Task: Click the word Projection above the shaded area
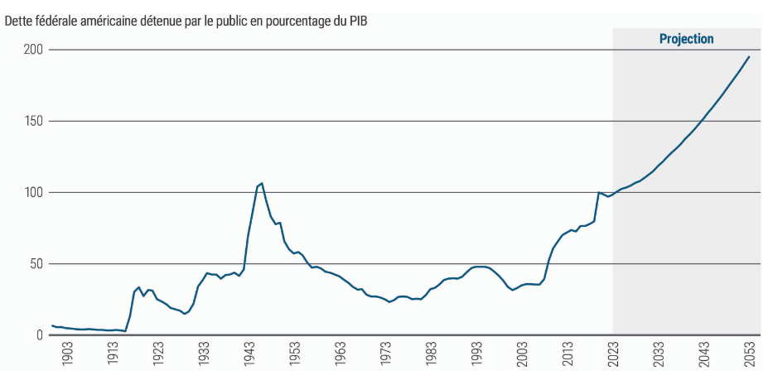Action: (x=686, y=39)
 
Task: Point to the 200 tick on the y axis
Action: (x=33, y=51)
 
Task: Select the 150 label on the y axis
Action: (x=33, y=122)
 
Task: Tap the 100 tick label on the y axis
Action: (x=33, y=193)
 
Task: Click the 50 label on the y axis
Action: (x=36, y=264)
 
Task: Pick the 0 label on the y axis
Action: (x=39, y=335)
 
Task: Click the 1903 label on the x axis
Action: (x=68, y=359)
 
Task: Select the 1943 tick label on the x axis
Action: (x=249, y=359)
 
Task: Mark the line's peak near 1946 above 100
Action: (x=262, y=183)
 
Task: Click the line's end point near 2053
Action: (x=749, y=56)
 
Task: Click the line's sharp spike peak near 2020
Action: (x=598, y=193)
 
